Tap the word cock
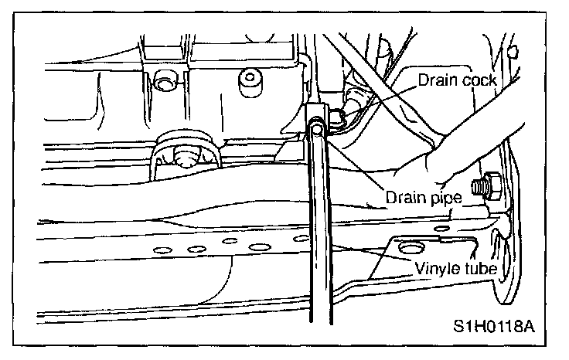(x=479, y=80)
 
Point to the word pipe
(x=446, y=199)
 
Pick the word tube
(x=479, y=269)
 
